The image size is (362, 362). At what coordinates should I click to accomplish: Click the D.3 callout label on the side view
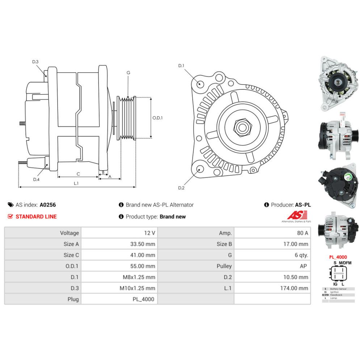coord(35,62)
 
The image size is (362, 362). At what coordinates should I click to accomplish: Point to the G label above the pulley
coord(128,73)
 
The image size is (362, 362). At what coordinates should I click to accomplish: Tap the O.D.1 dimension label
coord(157,118)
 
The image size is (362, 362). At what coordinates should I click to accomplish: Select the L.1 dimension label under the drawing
coord(76,184)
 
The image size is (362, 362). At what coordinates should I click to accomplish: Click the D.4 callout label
coord(36,180)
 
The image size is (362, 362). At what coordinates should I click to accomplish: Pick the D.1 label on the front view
coord(181,66)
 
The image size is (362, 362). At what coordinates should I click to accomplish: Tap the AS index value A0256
coord(48,205)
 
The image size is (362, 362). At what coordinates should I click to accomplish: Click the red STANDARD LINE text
coord(36,217)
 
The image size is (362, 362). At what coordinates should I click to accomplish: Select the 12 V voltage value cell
coord(149,233)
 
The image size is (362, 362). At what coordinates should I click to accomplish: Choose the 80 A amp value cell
coord(302,233)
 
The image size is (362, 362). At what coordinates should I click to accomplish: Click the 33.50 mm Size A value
coord(143,244)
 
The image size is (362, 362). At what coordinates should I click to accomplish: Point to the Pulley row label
coord(224,266)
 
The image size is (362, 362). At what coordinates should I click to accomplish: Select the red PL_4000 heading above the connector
coord(338,257)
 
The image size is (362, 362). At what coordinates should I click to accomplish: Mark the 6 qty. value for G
coord(301,255)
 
